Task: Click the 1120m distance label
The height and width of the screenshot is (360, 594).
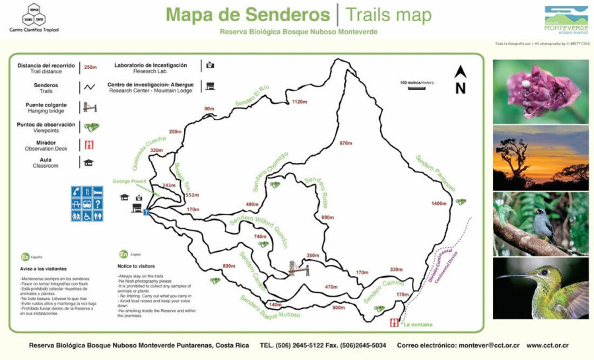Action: (x=300, y=102)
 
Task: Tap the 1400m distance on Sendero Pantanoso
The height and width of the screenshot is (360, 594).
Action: (x=438, y=203)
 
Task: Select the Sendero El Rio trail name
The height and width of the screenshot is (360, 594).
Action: (x=252, y=96)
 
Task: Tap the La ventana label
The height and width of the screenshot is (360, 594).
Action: (x=416, y=324)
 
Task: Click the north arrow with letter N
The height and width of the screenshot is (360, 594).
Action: (x=461, y=79)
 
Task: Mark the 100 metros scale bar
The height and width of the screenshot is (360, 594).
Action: (x=416, y=87)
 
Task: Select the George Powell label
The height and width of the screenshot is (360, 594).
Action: (x=129, y=180)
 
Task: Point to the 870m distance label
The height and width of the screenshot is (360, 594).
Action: (x=346, y=143)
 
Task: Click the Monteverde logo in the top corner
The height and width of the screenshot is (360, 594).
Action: (x=566, y=20)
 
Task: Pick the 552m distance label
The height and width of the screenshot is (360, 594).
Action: (x=192, y=195)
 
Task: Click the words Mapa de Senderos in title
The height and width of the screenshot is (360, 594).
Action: (x=248, y=15)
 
